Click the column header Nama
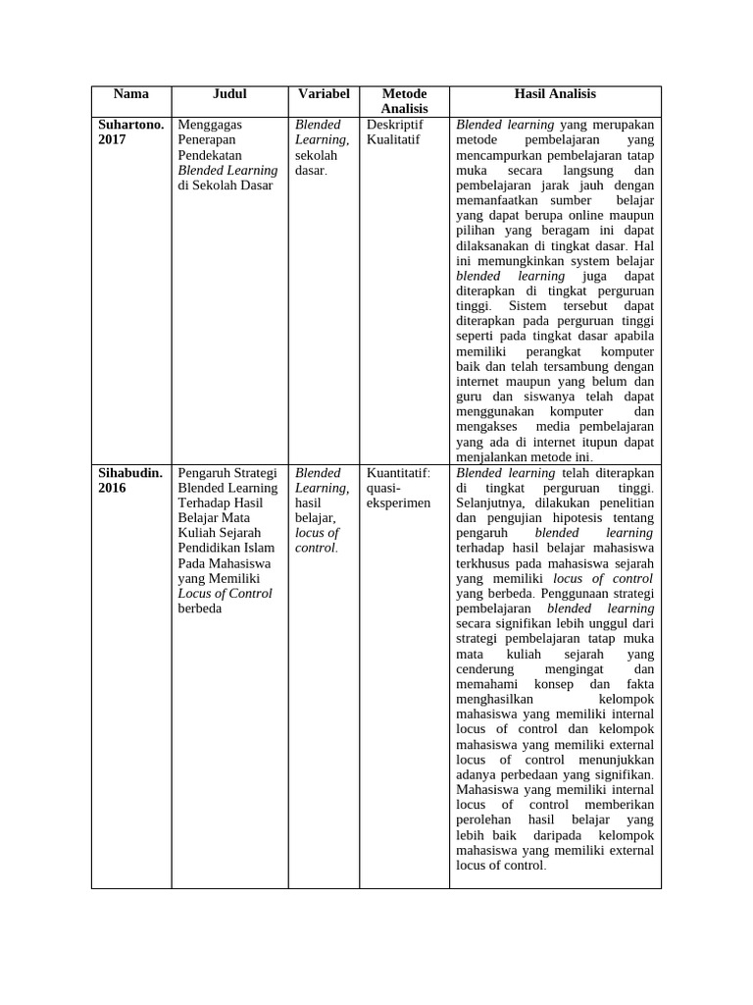(130, 94)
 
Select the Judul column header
(229, 94)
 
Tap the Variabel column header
(324, 94)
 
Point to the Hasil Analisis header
(555, 94)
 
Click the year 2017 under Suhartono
(113, 140)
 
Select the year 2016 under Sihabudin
(113, 488)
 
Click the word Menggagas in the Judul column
(210, 125)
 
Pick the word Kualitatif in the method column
(393, 140)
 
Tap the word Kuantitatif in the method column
(397, 473)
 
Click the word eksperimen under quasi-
(398, 502)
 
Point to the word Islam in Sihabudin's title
(260, 548)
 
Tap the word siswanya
(530, 397)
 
